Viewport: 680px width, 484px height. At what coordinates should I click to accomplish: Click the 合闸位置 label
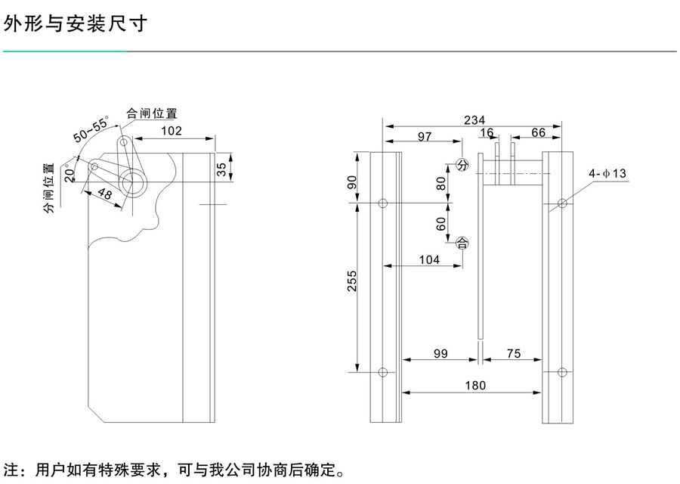[x=152, y=113]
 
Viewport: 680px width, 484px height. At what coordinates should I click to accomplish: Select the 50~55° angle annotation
[x=90, y=129]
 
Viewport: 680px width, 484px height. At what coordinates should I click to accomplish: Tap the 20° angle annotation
[x=70, y=173]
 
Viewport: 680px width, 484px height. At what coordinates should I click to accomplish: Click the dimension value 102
[x=172, y=130]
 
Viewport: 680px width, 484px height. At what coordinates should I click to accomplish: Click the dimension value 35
[x=221, y=169]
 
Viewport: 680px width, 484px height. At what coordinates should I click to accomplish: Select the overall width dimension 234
[x=474, y=120]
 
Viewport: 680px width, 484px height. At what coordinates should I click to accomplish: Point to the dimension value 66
[x=538, y=133]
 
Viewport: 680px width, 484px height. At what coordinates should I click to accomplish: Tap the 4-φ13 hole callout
[x=609, y=174]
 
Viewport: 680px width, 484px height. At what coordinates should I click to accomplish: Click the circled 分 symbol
[x=462, y=165]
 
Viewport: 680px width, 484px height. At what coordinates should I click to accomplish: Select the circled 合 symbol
[x=462, y=243]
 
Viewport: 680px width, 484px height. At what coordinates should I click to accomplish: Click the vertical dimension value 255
[x=352, y=281]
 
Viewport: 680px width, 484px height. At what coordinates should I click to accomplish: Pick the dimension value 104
[x=428, y=259]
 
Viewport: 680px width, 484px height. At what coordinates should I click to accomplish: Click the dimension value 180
[x=474, y=386]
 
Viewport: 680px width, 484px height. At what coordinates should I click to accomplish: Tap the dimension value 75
[x=514, y=352]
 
